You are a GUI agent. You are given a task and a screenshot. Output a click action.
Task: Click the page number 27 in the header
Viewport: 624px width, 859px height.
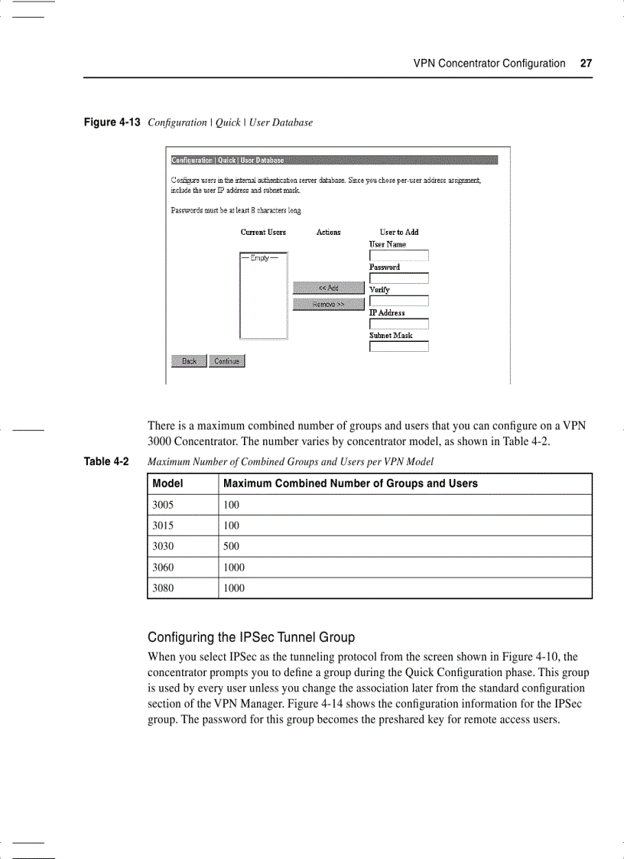586,63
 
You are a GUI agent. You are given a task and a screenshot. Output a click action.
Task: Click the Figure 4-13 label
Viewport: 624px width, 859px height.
112,122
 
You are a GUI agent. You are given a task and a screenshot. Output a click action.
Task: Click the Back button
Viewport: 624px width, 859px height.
189,361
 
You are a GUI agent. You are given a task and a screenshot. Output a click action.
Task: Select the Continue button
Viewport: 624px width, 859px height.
226,361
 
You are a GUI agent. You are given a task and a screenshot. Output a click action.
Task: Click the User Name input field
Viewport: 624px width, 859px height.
398,255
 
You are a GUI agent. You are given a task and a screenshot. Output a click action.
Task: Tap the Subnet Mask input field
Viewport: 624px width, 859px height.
398,347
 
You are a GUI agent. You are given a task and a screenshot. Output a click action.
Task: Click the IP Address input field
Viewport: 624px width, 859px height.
398,324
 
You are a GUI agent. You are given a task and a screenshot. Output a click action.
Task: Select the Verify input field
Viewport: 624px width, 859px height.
398,301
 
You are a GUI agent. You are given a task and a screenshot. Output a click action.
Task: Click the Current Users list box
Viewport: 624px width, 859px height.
263,296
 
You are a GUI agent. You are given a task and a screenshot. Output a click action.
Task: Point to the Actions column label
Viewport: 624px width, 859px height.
328,232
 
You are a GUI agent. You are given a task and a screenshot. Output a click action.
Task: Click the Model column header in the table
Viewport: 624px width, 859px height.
167,483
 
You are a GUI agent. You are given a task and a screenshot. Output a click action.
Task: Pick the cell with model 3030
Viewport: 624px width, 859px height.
164,546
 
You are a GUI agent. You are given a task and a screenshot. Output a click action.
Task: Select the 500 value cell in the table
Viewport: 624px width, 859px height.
231,546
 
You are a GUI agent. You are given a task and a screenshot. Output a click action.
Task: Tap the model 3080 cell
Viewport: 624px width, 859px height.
164,588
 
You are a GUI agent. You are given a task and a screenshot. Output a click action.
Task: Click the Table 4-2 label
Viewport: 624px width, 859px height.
106,461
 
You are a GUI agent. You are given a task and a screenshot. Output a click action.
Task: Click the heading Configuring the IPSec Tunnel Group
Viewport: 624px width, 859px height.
251,637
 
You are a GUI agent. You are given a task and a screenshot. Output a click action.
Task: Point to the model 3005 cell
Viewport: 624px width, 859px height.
164,505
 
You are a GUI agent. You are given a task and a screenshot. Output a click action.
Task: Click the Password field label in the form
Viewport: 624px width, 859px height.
384,267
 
